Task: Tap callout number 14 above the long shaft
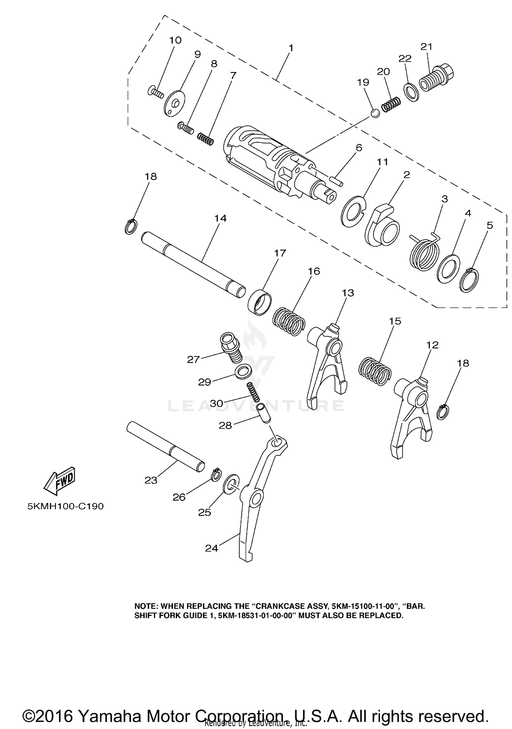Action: point(220,218)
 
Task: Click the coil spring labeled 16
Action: point(289,321)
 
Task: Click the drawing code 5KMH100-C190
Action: point(65,506)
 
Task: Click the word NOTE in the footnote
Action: point(145,606)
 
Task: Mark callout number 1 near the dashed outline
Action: point(290,48)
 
